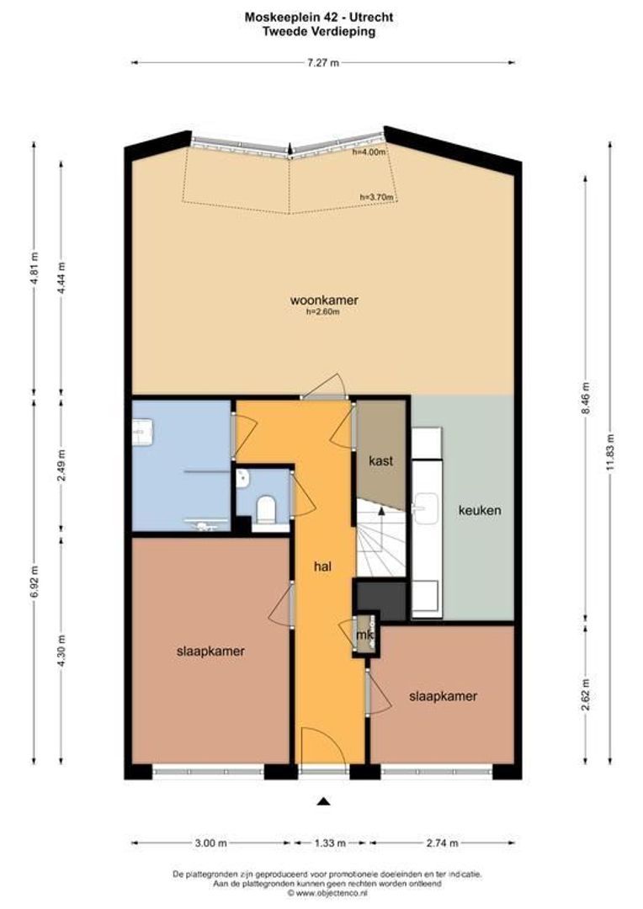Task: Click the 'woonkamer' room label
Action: tap(324, 300)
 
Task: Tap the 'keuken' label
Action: tap(480, 510)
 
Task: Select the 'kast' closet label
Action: tap(381, 461)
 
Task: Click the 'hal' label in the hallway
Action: tap(321, 567)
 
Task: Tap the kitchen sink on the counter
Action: tap(423, 505)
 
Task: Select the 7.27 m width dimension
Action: tap(323, 61)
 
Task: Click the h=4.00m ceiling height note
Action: tap(369, 153)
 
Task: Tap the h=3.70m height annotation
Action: tap(375, 197)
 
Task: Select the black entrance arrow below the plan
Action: tap(323, 802)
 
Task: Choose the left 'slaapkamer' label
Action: tap(210, 651)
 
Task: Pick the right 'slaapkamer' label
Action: tap(443, 696)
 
